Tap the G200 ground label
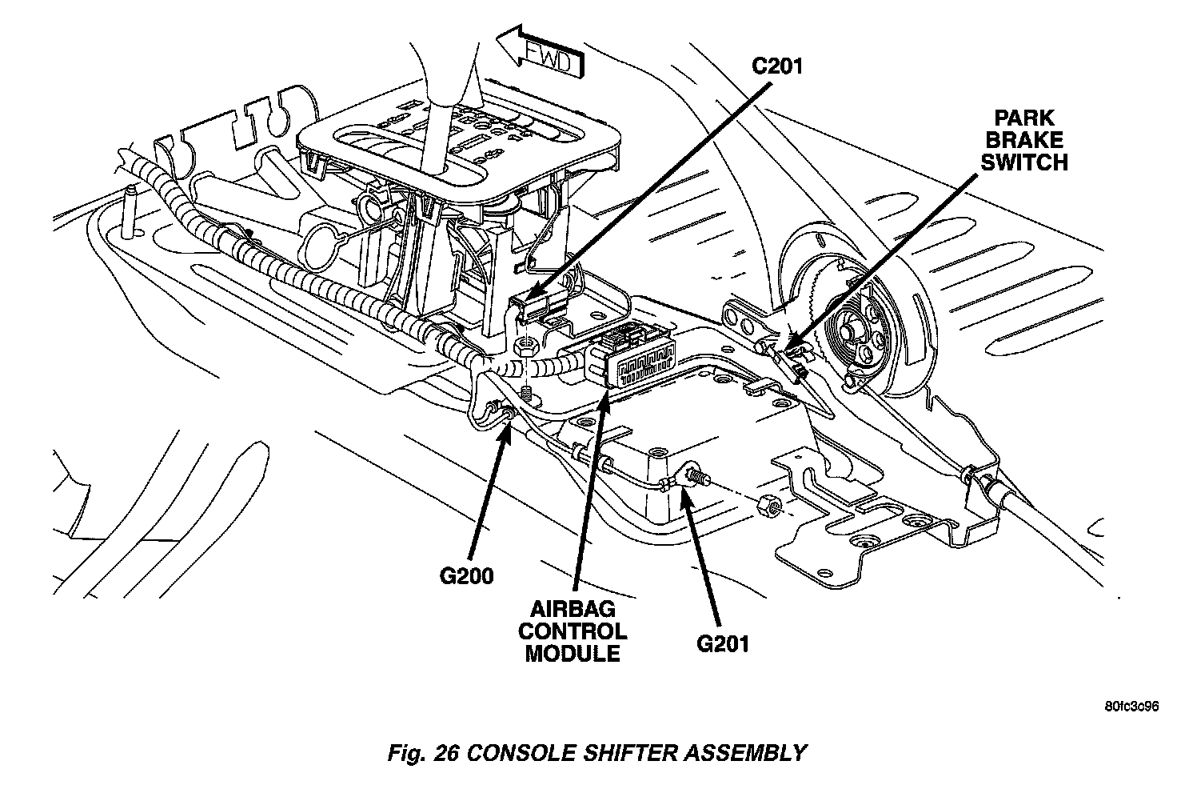466,575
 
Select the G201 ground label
721,643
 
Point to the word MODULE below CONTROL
572,653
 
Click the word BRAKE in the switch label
1023,141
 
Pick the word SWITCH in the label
1023,162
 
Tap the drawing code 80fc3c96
1131,707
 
